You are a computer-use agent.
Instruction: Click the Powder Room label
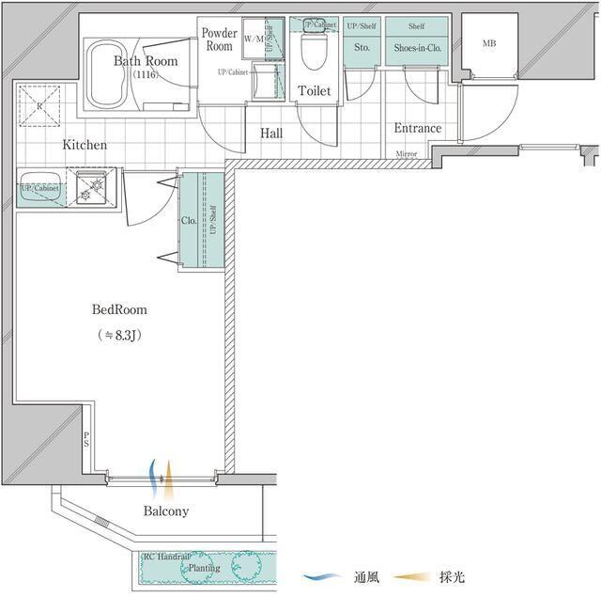click(219, 39)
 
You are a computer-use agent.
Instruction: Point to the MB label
click(489, 43)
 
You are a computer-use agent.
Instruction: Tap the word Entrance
click(418, 129)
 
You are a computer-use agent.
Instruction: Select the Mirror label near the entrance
click(407, 153)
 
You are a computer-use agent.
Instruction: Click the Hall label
click(271, 134)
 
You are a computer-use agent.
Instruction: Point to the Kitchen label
click(85, 146)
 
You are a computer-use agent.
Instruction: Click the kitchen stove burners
click(94, 189)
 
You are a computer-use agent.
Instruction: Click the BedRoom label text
click(118, 309)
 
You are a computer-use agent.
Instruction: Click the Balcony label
click(166, 511)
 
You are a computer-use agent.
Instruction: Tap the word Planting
click(203, 568)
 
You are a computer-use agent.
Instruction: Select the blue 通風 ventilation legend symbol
click(322, 577)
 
